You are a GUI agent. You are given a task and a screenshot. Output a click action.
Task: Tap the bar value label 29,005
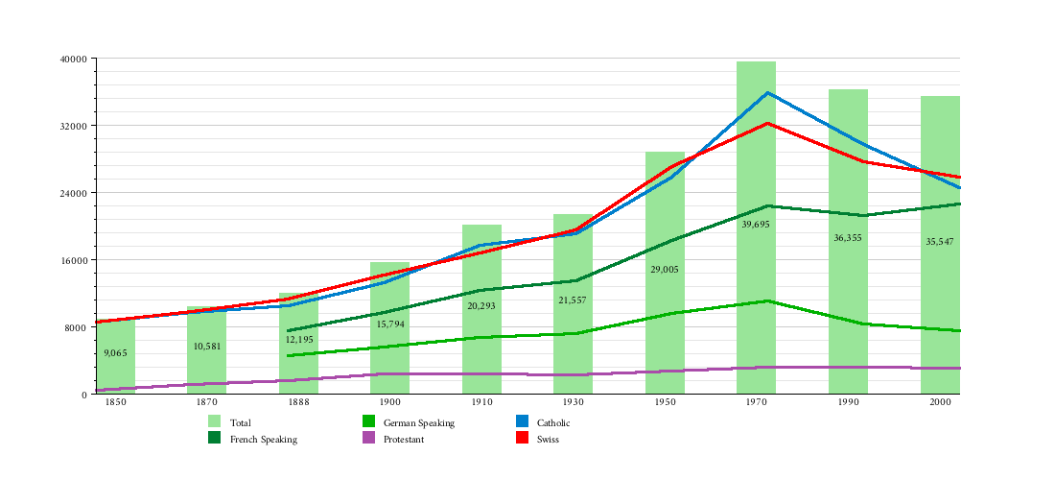click(x=665, y=270)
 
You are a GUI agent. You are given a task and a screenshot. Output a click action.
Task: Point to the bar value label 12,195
click(x=299, y=339)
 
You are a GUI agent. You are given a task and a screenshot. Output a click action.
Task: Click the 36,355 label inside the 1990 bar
click(x=848, y=237)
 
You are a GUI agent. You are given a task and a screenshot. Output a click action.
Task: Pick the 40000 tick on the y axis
click(x=74, y=59)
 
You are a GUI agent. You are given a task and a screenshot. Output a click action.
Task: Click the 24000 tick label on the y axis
click(x=74, y=193)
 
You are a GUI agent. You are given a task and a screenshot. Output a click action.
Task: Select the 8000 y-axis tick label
click(x=77, y=327)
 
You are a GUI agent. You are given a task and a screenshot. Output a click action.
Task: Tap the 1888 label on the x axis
click(x=298, y=403)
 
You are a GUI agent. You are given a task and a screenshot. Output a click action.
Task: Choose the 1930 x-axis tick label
click(x=573, y=403)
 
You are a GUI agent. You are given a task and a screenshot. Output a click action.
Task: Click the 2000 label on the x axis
click(x=940, y=403)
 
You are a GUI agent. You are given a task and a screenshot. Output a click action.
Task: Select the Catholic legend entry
click(x=553, y=422)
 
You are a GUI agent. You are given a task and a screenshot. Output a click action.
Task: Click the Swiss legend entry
click(x=548, y=439)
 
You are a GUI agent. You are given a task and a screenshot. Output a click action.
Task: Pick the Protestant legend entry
click(x=404, y=439)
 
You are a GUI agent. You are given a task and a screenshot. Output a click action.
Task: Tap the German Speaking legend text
click(x=419, y=422)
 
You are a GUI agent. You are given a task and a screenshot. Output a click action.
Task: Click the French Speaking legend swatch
click(x=215, y=438)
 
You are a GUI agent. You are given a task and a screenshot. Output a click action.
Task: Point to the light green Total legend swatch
click(x=215, y=421)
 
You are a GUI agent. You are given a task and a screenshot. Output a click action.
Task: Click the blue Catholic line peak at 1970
click(x=767, y=93)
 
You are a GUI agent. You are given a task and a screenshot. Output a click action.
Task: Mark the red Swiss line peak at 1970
click(x=767, y=123)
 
